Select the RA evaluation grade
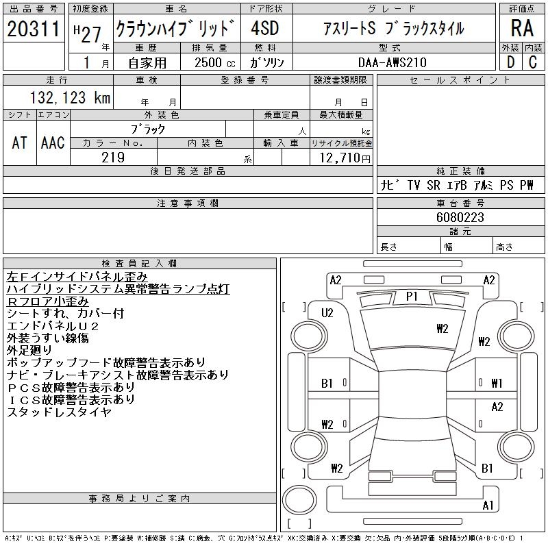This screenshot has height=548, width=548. pos(521,29)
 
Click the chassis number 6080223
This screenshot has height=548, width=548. pos(460,217)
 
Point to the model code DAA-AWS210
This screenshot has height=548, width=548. pos(393,62)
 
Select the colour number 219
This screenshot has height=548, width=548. pos(113,158)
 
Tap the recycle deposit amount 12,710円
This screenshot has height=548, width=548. pos(342,158)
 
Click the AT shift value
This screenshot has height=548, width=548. pos(20,142)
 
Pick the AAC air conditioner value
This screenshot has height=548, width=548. pos(53,142)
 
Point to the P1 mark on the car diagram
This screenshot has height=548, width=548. pos(412,296)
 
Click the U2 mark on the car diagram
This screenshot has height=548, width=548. pos(327,313)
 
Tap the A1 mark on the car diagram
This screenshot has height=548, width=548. pos(488,506)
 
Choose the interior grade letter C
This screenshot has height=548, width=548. pos(532,62)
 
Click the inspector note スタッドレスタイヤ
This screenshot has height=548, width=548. pos(59,412)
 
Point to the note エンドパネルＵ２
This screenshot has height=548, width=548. pos(53,326)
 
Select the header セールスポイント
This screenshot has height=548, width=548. pos(460,80)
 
